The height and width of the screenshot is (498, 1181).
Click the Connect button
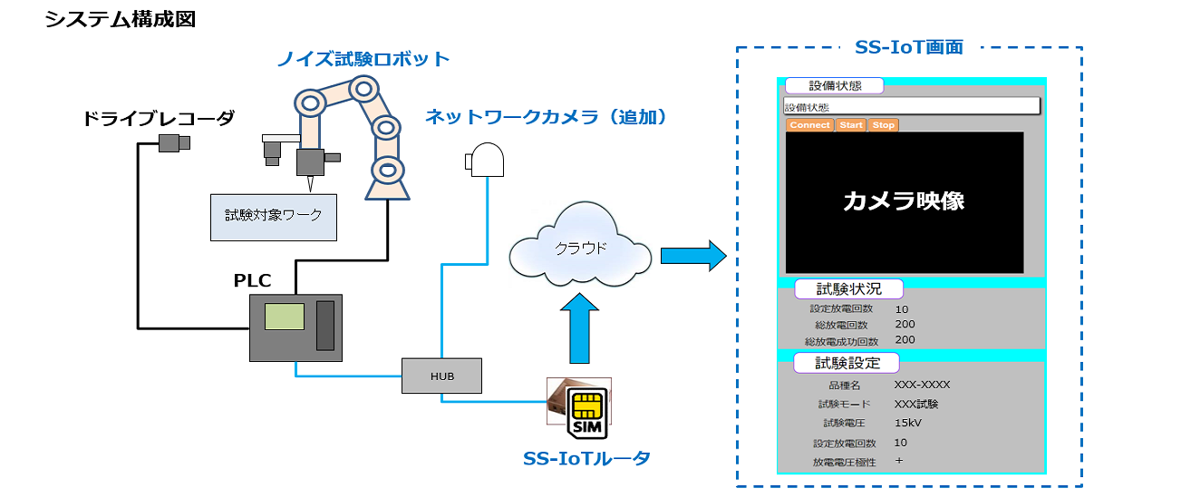(808, 125)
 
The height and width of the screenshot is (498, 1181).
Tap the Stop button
(883, 125)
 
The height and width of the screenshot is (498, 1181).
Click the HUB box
(442, 376)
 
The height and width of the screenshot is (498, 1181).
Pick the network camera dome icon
(486, 161)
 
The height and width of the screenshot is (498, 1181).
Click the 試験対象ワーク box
(274, 217)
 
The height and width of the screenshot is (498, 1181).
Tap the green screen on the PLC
(284, 317)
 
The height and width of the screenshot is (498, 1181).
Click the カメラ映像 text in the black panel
(904, 201)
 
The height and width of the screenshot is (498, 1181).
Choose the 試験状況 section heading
(848, 289)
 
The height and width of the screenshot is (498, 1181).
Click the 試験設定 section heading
(847, 363)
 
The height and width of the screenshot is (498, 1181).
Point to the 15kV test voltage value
(908, 423)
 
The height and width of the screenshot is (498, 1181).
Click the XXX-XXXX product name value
(922, 384)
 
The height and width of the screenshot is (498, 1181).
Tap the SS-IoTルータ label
(586, 458)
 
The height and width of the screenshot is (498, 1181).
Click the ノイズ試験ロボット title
(363, 59)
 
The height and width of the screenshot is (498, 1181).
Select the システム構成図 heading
(120, 20)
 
